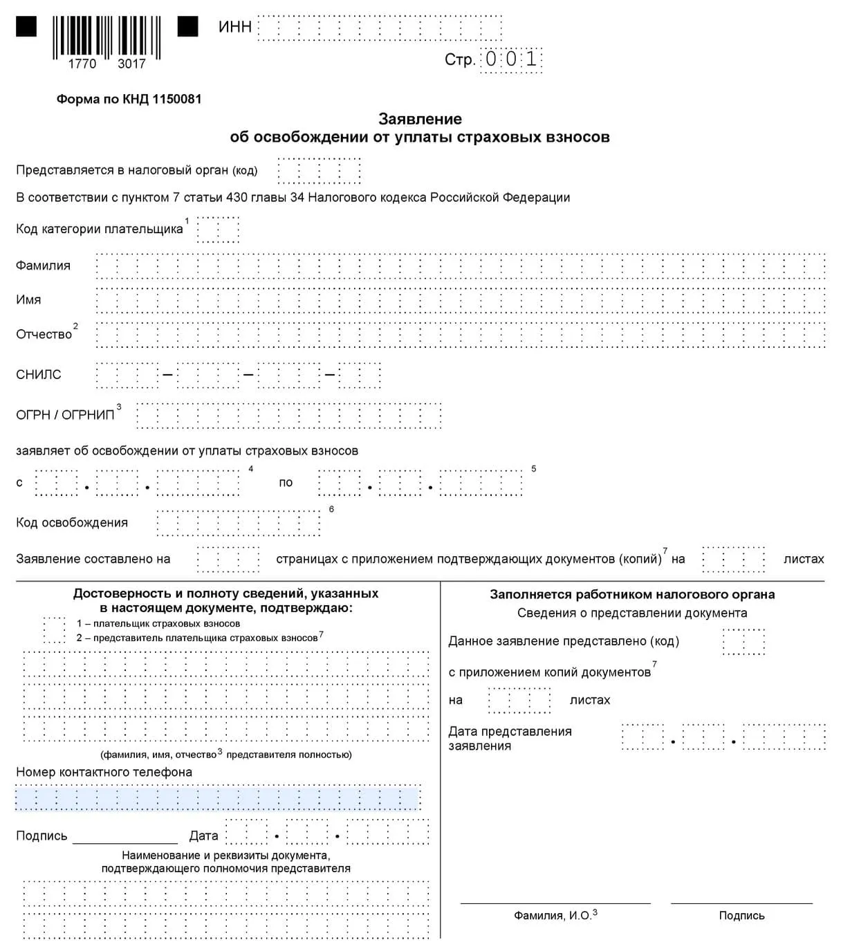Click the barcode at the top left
(107, 38)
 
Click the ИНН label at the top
(234, 28)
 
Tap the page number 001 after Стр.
(511, 59)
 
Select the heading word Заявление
(420, 119)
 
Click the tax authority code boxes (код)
(319, 171)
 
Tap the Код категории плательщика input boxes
(218, 230)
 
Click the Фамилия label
(43, 266)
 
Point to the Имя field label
(28, 300)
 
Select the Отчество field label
(44, 335)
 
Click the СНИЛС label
(39, 375)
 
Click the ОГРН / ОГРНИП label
(65, 415)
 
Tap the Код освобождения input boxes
(238, 523)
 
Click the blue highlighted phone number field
(218, 798)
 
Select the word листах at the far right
(804, 559)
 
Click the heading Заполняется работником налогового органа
(632, 595)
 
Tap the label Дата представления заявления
(510, 739)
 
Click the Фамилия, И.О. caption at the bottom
(552, 916)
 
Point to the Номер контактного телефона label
(104, 772)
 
